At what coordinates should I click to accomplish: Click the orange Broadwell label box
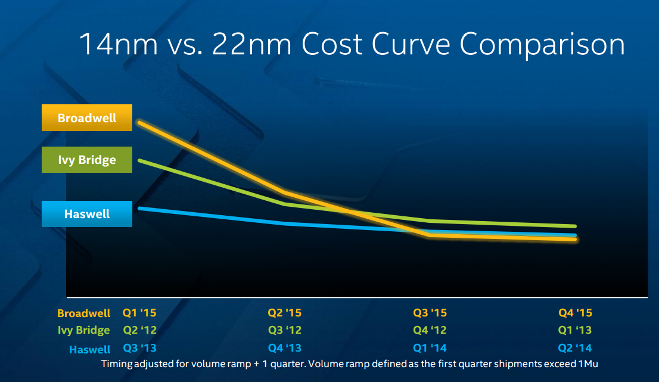[x=87, y=118]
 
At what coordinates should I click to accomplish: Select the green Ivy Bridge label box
[x=87, y=160]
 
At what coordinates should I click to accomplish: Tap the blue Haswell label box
[x=87, y=214]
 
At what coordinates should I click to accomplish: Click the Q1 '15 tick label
[x=139, y=312]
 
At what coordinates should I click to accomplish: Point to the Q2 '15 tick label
[x=285, y=312]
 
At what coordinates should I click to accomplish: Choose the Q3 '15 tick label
[x=430, y=312]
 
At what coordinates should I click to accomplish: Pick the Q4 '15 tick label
[x=575, y=312]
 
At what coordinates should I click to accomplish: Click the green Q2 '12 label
[x=139, y=330]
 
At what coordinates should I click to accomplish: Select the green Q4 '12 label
[x=430, y=330]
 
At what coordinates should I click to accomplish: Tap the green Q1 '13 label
[x=575, y=330]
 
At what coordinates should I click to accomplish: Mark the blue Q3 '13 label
[x=139, y=348]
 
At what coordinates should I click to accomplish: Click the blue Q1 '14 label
[x=430, y=348]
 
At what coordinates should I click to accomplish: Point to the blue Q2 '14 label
[x=575, y=348]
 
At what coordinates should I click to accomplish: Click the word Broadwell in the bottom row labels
[x=84, y=313]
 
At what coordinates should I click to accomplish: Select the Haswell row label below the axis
[x=90, y=350]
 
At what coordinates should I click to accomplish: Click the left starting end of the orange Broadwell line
[x=139, y=122]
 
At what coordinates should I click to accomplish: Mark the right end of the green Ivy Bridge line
[x=575, y=226]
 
